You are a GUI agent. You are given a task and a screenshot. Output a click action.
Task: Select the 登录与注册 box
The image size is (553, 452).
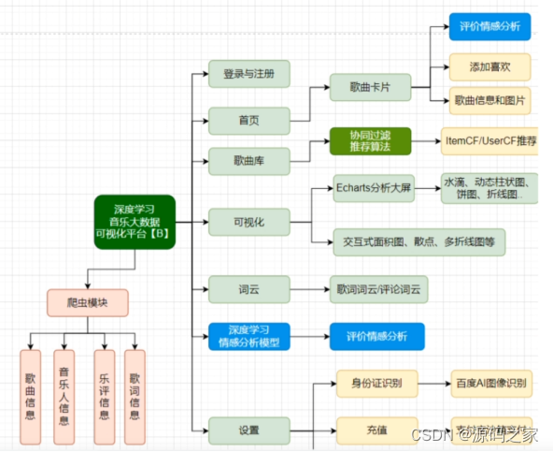tap(248, 75)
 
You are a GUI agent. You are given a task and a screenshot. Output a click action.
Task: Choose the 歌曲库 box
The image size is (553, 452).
tap(248, 161)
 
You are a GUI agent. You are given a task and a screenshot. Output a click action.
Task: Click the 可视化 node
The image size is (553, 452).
tap(248, 223)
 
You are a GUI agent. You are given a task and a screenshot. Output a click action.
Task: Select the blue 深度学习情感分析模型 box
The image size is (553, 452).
tap(248, 336)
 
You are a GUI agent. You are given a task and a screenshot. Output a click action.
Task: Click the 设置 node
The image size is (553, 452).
tap(248, 430)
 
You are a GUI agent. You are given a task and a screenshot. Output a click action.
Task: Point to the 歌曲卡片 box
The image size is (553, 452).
tap(371, 88)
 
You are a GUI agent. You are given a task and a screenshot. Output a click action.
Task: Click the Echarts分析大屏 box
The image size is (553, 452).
tap(372, 188)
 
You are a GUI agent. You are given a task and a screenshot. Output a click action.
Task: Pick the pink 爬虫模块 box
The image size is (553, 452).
tap(87, 302)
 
